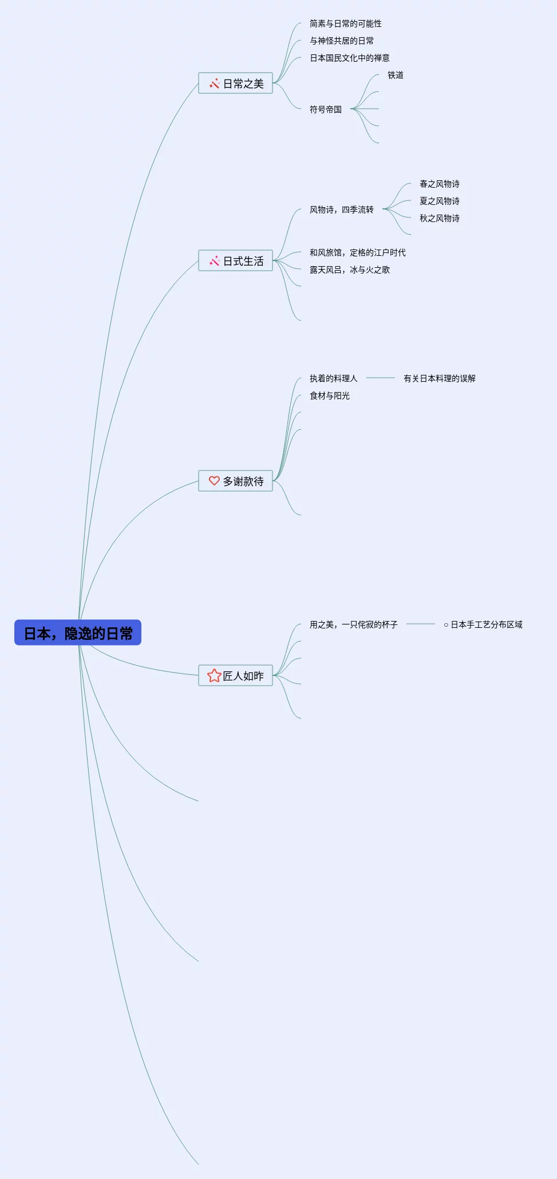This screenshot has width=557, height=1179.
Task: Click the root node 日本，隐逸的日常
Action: coord(78,633)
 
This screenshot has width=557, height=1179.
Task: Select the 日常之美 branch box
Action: coord(235,84)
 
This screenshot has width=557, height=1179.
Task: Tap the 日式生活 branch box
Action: coord(235,261)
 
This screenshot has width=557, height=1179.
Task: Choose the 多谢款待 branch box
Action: coord(235,481)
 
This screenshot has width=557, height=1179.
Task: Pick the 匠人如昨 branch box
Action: coord(235,676)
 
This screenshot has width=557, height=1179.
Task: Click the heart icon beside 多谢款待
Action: coord(214,481)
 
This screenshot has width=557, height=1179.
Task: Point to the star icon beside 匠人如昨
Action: coord(214,676)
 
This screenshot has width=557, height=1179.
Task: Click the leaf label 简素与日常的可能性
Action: coord(345,23)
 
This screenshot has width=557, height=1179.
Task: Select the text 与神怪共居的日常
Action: coord(341,41)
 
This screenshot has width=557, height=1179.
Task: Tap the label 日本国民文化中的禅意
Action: coord(349,58)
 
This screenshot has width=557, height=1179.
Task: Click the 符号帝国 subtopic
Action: coord(325,109)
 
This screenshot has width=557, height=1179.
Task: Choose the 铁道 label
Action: coord(395,75)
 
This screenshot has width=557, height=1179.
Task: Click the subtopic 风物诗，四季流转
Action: coord(341,209)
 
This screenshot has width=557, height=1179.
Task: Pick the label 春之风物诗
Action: coord(439,184)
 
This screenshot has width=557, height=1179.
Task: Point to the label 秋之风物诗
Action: coord(439,218)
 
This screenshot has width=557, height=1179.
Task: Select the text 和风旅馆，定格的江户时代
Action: coord(357,252)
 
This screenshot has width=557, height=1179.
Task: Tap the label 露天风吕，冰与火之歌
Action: coord(349,270)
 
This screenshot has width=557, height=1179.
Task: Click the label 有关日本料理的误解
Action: coord(439,378)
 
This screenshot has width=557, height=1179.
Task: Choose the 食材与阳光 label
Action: coord(329,395)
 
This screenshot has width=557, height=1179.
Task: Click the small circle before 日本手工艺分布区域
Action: coord(446,625)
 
